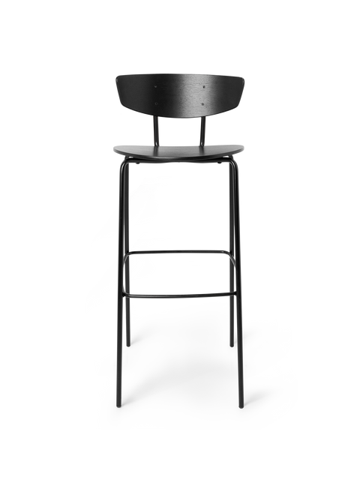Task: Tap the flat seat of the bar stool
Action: [x=180, y=148]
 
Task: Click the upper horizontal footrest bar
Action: [x=180, y=252]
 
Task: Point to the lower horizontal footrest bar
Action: [x=180, y=294]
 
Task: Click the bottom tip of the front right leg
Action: [x=241, y=406]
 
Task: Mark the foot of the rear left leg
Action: [x=128, y=344]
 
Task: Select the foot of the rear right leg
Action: [x=232, y=344]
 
